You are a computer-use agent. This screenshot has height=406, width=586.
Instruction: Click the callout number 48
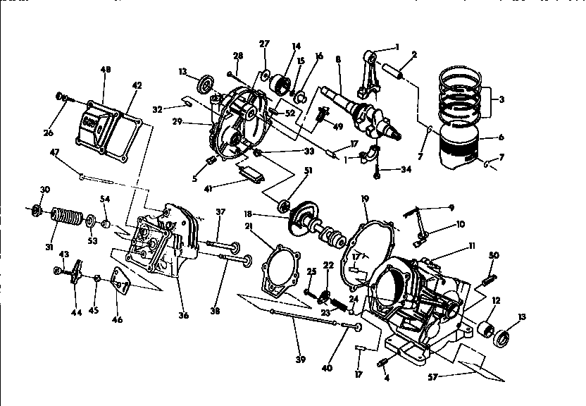[106, 70]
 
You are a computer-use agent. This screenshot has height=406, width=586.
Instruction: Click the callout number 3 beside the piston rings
[501, 99]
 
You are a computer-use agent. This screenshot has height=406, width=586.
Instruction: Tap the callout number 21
[249, 226]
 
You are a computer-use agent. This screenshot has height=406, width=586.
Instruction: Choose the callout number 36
[183, 315]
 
